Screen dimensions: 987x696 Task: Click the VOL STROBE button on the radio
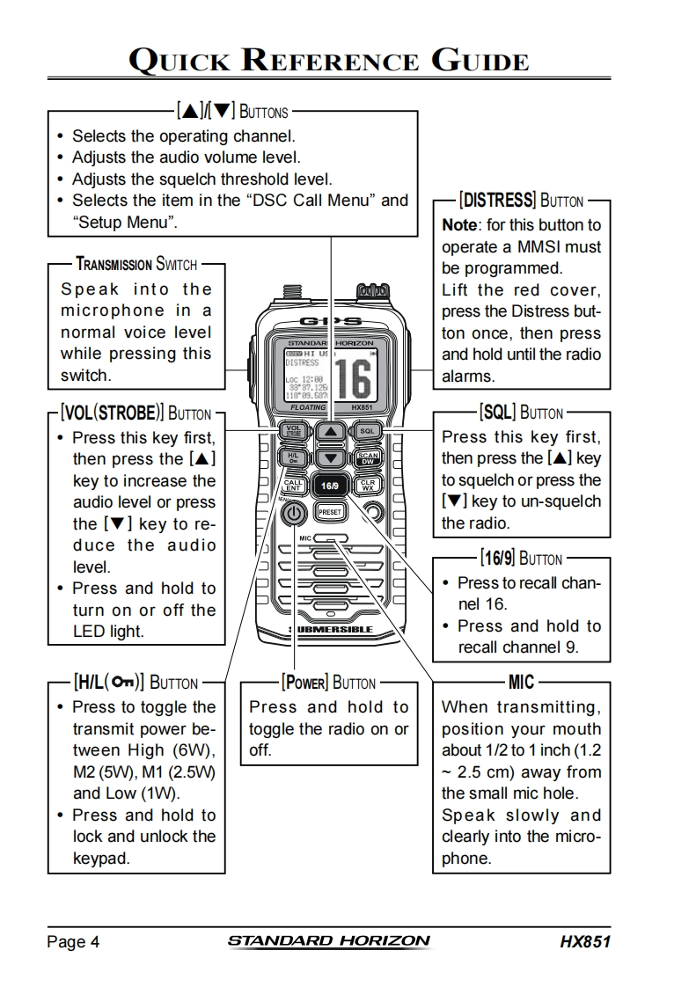(294, 431)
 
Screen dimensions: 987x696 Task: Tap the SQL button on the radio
(367, 431)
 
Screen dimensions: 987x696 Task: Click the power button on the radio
(296, 514)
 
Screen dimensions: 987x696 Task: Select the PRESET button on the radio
(330, 511)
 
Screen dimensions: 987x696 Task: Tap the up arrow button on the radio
(330, 432)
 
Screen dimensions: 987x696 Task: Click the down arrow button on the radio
(330, 458)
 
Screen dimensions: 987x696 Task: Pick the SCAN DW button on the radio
(367, 458)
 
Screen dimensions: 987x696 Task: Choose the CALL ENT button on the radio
(294, 485)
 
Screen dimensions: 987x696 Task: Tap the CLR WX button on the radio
(367, 485)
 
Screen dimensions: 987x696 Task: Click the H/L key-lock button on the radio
(294, 458)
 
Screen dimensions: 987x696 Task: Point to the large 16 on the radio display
(351, 377)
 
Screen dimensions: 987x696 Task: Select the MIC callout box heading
(521, 682)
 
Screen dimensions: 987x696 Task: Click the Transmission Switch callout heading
(136, 264)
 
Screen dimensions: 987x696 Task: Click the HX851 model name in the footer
(584, 942)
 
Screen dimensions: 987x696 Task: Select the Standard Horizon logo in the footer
(329, 941)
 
